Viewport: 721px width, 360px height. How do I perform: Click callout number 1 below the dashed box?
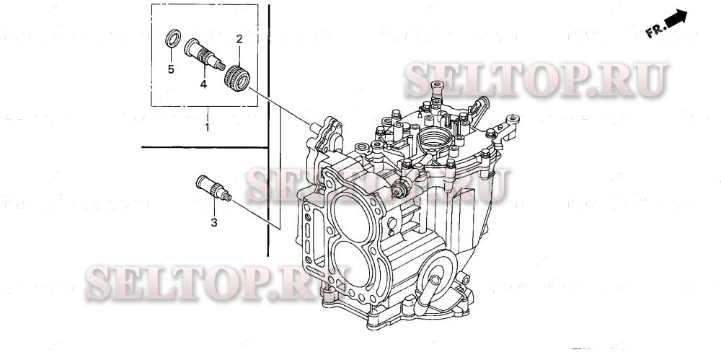(208, 128)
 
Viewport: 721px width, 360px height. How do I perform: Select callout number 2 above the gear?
(239, 38)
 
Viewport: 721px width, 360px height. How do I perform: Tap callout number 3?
(214, 223)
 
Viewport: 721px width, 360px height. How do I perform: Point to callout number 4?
(203, 84)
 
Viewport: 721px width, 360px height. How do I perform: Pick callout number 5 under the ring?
(171, 69)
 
